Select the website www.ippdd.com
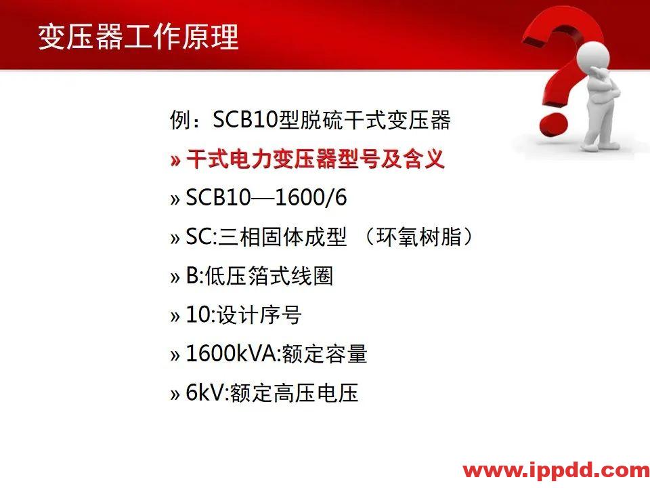[556, 470]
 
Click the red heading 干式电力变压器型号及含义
[315, 160]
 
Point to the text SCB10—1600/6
[266, 199]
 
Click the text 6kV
[204, 392]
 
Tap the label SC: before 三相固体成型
[201, 238]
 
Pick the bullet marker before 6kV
[175, 393]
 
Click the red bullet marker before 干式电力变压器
[175, 161]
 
